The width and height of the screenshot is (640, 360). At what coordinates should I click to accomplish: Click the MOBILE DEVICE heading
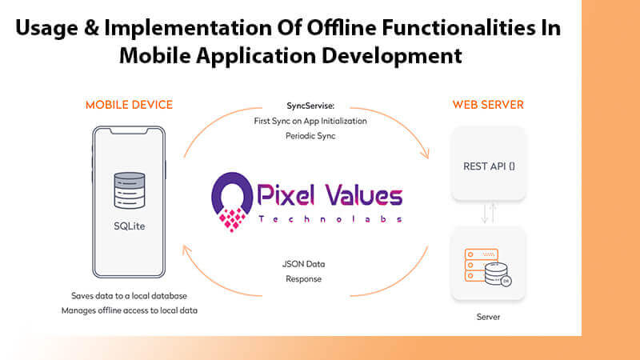pyautogui.click(x=129, y=105)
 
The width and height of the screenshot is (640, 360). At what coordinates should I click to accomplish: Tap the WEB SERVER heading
pyautogui.click(x=488, y=105)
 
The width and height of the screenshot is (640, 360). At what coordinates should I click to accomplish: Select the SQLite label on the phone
pyautogui.click(x=130, y=226)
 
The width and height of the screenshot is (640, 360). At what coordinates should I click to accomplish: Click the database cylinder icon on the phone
pyautogui.click(x=130, y=190)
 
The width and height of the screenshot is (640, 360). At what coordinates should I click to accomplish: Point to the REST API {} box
pyautogui.click(x=488, y=163)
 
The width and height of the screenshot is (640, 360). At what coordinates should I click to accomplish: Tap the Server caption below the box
pyautogui.click(x=488, y=317)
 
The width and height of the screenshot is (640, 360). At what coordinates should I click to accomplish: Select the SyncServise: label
pyautogui.click(x=310, y=106)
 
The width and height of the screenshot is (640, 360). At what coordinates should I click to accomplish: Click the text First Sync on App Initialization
pyautogui.click(x=310, y=121)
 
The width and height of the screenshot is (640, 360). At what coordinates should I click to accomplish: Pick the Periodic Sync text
pyautogui.click(x=310, y=136)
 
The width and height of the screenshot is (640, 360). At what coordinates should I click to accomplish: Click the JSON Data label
pyautogui.click(x=304, y=264)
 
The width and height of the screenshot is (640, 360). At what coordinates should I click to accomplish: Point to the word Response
pyautogui.click(x=304, y=279)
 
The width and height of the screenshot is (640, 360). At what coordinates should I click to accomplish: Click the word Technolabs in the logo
pyautogui.click(x=330, y=219)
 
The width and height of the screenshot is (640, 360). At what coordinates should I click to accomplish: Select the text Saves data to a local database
pyautogui.click(x=129, y=296)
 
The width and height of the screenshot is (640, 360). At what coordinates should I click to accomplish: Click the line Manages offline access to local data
pyautogui.click(x=130, y=310)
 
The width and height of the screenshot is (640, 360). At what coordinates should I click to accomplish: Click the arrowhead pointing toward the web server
pyautogui.click(x=426, y=154)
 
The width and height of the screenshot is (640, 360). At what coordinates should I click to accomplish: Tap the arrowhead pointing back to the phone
pyautogui.click(x=186, y=249)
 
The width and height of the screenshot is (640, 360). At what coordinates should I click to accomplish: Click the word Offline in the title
pyautogui.click(x=342, y=28)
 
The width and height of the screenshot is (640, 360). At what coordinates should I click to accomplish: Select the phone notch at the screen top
pyautogui.click(x=129, y=131)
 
